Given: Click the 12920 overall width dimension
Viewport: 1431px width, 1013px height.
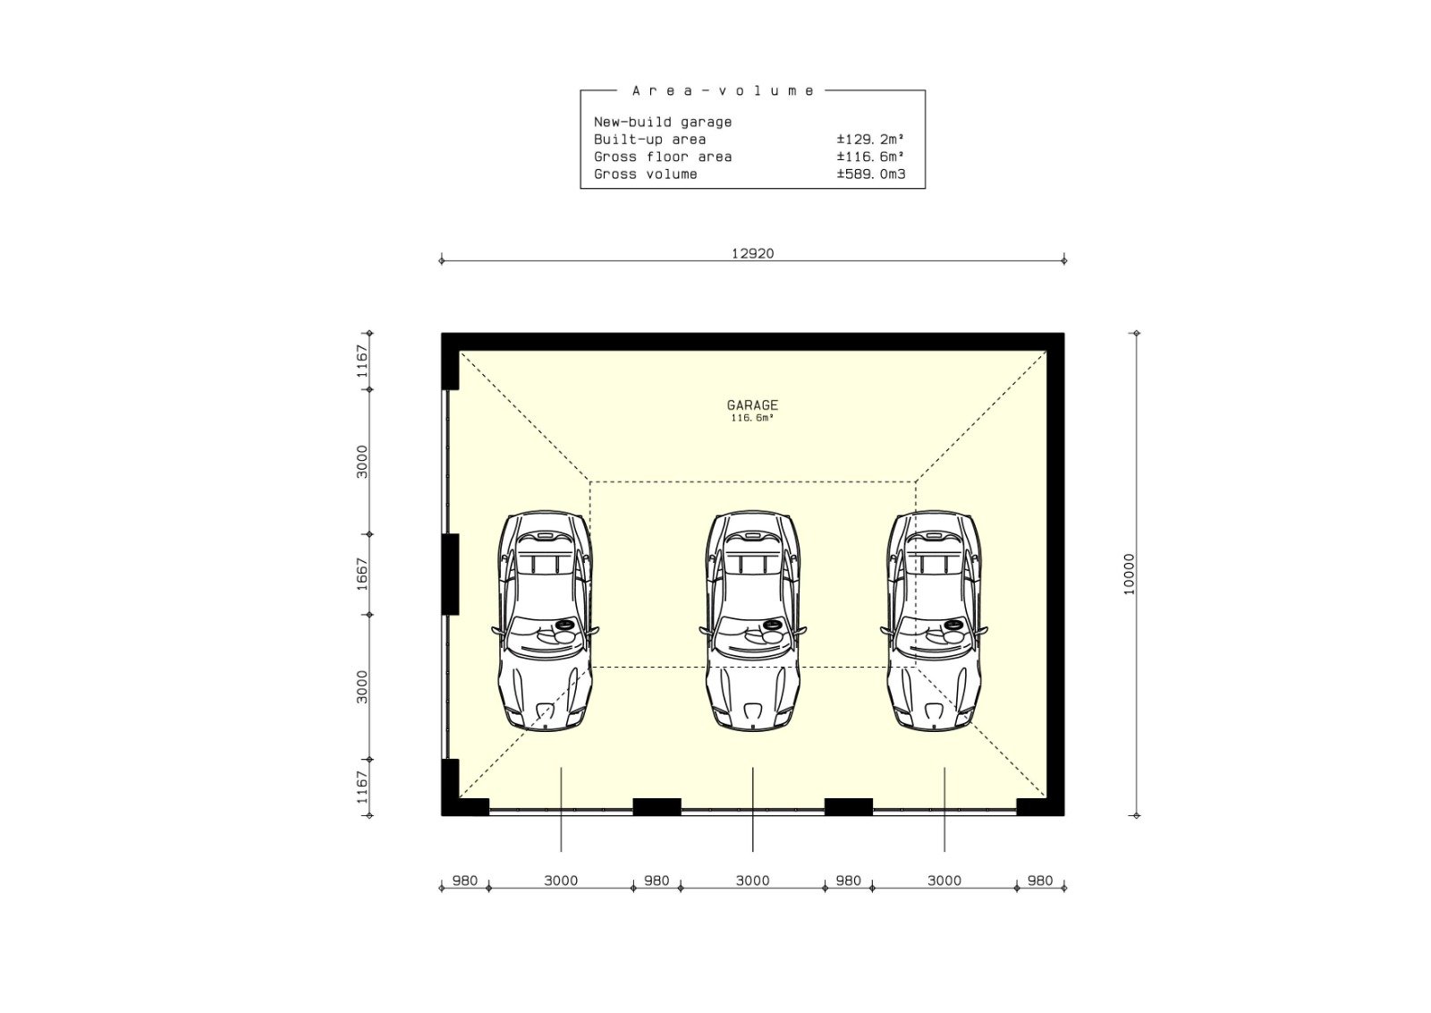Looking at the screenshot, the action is tap(752, 254).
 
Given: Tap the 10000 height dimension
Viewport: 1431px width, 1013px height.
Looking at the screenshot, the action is tap(1129, 574).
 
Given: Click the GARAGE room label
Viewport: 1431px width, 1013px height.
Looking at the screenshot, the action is tap(752, 405).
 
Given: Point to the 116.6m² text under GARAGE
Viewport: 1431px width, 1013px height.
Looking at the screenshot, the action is tap(752, 419).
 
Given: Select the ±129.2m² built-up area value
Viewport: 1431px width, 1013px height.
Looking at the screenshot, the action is tap(871, 140).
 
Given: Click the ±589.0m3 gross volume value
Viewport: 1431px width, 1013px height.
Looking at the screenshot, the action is tap(871, 174).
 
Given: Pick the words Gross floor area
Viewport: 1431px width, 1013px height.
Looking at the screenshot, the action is tap(663, 157).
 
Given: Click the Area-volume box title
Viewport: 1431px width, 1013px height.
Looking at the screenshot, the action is tap(724, 90).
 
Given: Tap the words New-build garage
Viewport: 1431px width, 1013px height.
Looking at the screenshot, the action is tap(663, 122).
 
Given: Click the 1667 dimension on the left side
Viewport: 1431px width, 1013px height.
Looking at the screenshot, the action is tap(362, 574).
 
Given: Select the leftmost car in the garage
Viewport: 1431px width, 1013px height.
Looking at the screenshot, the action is tap(545, 620).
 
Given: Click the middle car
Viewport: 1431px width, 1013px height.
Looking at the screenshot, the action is tap(752, 620).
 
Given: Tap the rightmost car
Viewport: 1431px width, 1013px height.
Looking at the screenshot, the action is tap(934, 620).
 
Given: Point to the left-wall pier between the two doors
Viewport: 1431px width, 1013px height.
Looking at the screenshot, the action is tap(451, 574).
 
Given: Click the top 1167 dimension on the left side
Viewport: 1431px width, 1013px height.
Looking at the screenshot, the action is tap(362, 362).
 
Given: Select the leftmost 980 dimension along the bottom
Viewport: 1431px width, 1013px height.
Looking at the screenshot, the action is tap(465, 881).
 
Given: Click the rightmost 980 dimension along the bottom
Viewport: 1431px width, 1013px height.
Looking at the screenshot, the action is tap(1040, 881).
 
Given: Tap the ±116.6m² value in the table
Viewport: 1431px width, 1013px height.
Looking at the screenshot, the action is tap(871, 157).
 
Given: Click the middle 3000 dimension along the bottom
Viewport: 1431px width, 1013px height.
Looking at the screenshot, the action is tap(752, 881).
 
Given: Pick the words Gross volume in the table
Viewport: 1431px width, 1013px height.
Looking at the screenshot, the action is tap(645, 174).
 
